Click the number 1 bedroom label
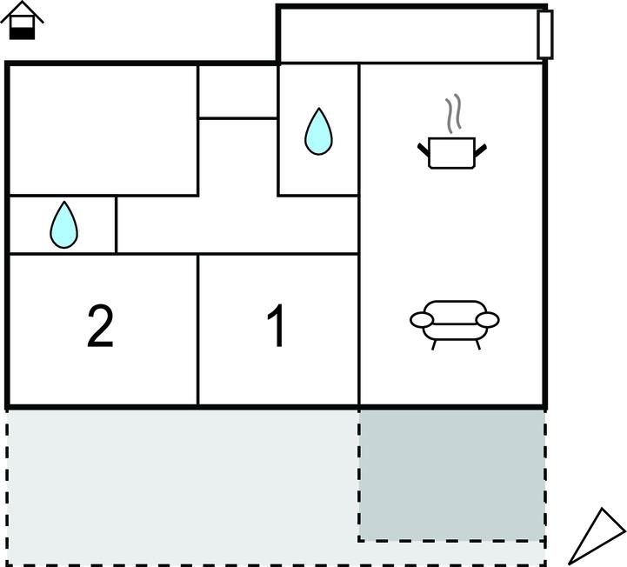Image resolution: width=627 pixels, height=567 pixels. point(277,328)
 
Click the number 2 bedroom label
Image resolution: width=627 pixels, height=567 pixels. point(101,328)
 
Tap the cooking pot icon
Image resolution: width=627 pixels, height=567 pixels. point(452,152)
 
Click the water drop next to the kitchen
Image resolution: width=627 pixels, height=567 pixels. point(318,132)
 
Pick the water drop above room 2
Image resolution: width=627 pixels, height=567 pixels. point(63,225)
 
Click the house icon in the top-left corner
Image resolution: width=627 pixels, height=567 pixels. point(23,21)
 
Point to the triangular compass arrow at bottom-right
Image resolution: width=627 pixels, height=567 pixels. point(600,536)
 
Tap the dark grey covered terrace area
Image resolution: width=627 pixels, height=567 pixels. point(452,474)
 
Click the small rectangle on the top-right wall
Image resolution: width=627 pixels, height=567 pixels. point(545,35)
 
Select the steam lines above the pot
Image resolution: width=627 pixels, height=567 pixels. point(452,113)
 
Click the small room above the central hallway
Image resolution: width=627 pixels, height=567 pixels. point(237,90)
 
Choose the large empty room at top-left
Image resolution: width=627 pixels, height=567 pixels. point(103,129)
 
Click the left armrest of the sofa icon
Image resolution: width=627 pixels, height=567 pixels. point(421,320)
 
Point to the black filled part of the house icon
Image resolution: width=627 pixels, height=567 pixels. point(23,32)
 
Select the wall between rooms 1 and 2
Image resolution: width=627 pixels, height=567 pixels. point(198,330)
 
